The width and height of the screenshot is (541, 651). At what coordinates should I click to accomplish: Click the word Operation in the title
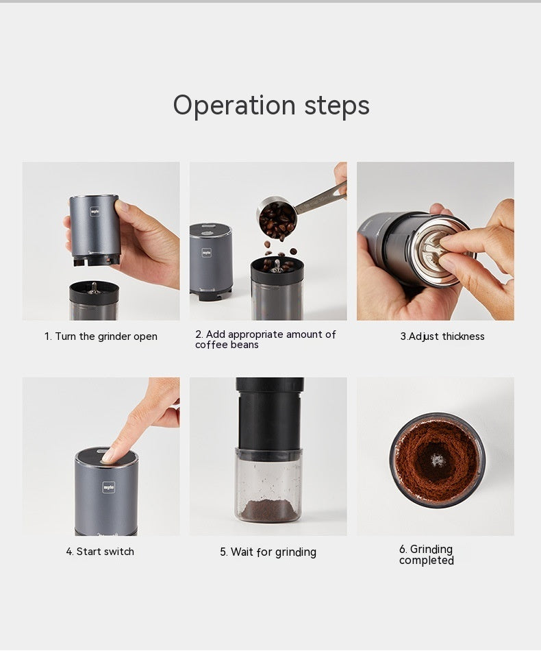pyautogui.click(x=234, y=106)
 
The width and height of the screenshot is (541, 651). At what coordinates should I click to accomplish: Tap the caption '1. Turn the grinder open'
pyautogui.click(x=101, y=336)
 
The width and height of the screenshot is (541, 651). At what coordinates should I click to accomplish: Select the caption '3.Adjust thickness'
pyautogui.click(x=442, y=336)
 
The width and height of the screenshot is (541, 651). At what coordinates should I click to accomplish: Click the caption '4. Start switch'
pyautogui.click(x=100, y=552)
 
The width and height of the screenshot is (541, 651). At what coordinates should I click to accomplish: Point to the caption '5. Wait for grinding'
pyautogui.click(x=268, y=552)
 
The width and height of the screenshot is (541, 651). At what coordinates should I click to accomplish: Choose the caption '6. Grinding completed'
pyautogui.click(x=426, y=555)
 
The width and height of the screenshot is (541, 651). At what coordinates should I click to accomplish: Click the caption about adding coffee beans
pyautogui.click(x=265, y=339)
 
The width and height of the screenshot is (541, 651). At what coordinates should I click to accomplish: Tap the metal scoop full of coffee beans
pyautogui.click(x=278, y=217)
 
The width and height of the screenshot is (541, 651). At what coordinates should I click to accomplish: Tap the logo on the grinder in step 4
pyautogui.click(x=109, y=487)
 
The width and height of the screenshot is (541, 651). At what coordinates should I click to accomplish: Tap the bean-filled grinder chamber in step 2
pyautogui.click(x=276, y=288)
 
